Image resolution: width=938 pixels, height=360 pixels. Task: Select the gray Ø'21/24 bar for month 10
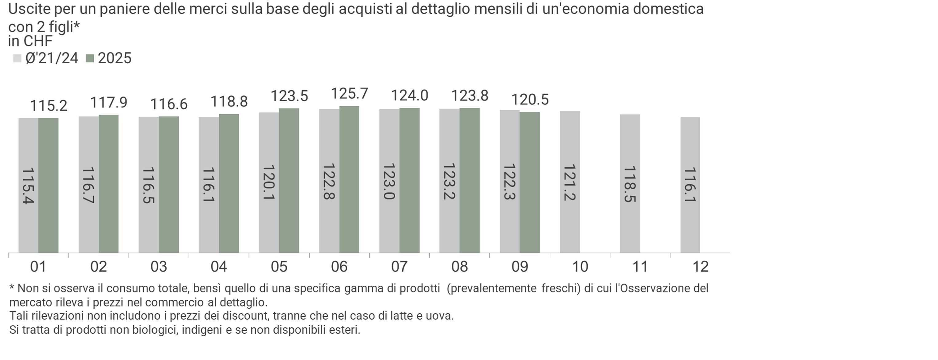click(570, 182)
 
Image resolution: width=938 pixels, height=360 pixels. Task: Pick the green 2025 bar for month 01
click(49, 185)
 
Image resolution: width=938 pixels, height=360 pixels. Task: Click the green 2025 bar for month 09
click(530, 182)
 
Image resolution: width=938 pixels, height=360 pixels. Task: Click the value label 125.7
click(349, 94)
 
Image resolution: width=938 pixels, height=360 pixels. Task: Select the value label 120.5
click(530, 100)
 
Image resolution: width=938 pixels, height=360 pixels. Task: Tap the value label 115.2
click(49, 106)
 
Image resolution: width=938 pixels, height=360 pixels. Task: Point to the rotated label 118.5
click(630, 184)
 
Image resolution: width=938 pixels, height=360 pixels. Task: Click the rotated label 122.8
click(329, 181)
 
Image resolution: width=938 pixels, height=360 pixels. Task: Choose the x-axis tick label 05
click(279, 267)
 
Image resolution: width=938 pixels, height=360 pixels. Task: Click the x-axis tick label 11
click(640, 267)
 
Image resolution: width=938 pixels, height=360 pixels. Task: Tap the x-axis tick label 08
click(459, 267)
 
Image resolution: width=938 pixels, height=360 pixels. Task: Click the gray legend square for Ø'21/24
click(17, 58)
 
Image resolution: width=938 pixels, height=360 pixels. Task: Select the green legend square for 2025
click(90, 58)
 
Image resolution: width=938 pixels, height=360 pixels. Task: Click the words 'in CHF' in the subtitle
click(30, 41)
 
